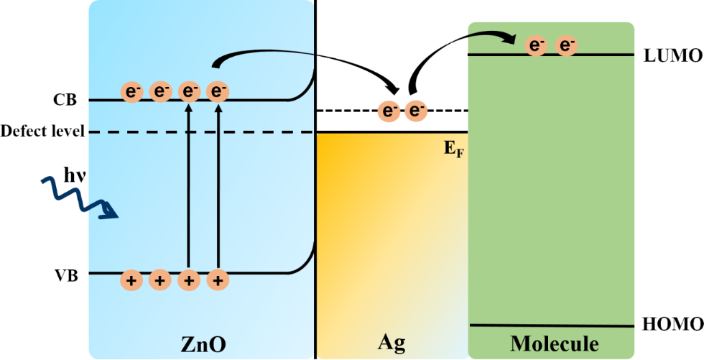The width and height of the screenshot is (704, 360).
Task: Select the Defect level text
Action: [x=43, y=131]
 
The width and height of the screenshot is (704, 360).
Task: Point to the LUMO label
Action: [x=670, y=55]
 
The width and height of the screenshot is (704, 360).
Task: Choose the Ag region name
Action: [x=391, y=343]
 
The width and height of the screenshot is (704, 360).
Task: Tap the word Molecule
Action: [x=554, y=343]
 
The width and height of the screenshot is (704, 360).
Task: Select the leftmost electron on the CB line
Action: [x=133, y=91]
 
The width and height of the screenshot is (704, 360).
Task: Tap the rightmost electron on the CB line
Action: [x=218, y=91]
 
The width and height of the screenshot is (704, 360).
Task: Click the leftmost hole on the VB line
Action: [x=131, y=280]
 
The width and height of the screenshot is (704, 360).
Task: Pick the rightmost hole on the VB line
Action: [x=217, y=280]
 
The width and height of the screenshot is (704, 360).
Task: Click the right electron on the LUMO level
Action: [x=567, y=46]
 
